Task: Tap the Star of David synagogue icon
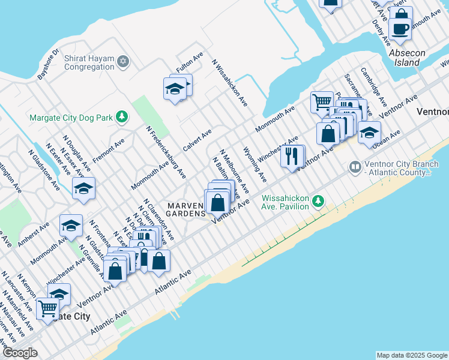123,62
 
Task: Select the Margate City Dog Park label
71,118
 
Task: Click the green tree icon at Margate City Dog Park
122,116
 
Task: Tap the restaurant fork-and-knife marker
291,156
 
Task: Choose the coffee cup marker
400,28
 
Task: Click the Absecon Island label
407,58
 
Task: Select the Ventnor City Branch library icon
355,166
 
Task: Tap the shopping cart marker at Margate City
47,308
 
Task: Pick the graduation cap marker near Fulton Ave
175,89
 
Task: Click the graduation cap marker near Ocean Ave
369,131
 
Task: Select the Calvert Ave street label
197,139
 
